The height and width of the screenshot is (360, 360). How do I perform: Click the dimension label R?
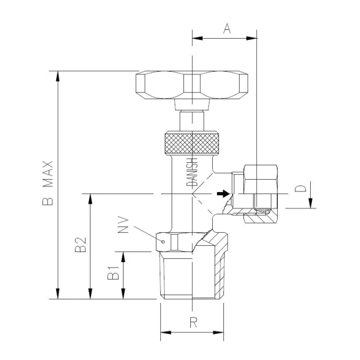(x=193, y=323)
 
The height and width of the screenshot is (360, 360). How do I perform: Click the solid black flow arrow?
(x=221, y=194)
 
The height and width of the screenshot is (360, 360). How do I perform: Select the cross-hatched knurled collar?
(x=193, y=144)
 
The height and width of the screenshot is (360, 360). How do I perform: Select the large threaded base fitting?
(x=192, y=275)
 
